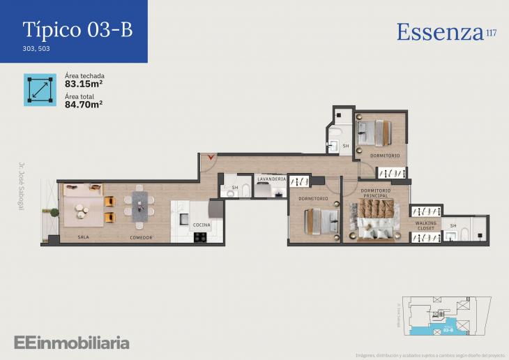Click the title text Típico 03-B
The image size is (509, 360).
(x=77, y=29)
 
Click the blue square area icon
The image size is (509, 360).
(x=40, y=89)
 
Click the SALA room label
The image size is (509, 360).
(x=83, y=237)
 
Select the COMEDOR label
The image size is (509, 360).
(x=141, y=237)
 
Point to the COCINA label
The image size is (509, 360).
(x=202, y=225)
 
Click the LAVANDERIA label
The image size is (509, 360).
(x=271, y=179)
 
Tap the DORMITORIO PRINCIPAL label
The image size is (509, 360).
(x=376, y=193)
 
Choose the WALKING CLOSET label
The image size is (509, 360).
(x=425, y=226)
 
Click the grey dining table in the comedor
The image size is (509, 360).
(x=142, y=206)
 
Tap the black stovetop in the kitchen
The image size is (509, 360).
(x=199, y=237)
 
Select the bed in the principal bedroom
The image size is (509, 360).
(x=376, y=220)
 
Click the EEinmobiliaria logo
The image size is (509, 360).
(x=71, y=343)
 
